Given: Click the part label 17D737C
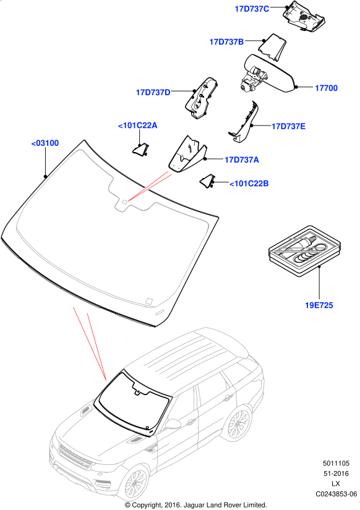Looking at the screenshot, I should pyautogui.click(x=252, y=9).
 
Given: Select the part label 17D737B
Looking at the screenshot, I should pyautogui.click(x=226, y=42).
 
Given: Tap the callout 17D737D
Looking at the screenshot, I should pyautogui.click(x=153, y=93).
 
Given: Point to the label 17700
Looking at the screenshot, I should pyautogui.click(x=326, y=88).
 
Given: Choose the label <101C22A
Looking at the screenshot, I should pyautogui.click(x=137, y=125).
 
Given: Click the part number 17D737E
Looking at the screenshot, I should pyautogui.click(x=288, y=127).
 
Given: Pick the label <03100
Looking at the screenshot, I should pyautogui.click(x=45, y=143).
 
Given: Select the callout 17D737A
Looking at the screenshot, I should pyautogui.click(x=241, y=160).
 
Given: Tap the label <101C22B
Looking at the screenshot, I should pyautogui.click(x=249, y=184).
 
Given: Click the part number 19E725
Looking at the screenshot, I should pyautogui.click(x=319, y=305).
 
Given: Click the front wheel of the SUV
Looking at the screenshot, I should pyautogui.click(x=135, y=482).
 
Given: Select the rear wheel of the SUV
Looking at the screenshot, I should pyautogui.click(x=238, y=423).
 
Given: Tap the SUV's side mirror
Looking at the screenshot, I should pyautogui.click(x=173, y=424).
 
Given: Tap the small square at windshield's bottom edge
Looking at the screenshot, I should pyautogui.click(x=148, y=301).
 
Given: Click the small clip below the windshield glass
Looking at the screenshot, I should pyautogui.click(x=160, y=313).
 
